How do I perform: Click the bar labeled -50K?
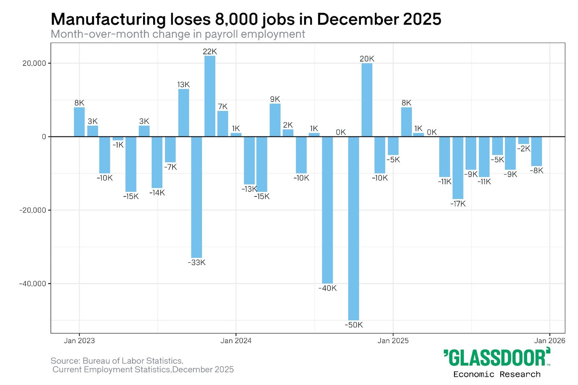pos(353,228)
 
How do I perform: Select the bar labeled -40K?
pos(327,210)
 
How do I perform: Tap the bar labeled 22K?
pos(210,96)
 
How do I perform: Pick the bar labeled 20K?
pos(367,100)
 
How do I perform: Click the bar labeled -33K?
pos(197,197)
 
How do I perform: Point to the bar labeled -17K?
pos(458,168)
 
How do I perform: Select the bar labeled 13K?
pos(184,113)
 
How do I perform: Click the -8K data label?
pos(536,170)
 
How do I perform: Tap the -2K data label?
pos(523,148)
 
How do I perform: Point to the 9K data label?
pos(275,99)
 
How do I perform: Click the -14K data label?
pos(157,192)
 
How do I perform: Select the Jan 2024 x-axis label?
pos(236,341)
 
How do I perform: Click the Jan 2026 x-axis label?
pos(549,341)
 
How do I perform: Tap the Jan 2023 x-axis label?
pos(79,341)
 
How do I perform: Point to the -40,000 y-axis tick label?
pos(33,284)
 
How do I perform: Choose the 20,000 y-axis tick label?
pos(34,63)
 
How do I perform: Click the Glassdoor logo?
pos(497,358)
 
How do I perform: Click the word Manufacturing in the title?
pos(108,19)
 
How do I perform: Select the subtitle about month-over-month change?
pos(178,34)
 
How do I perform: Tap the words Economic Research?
pos(497,374)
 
